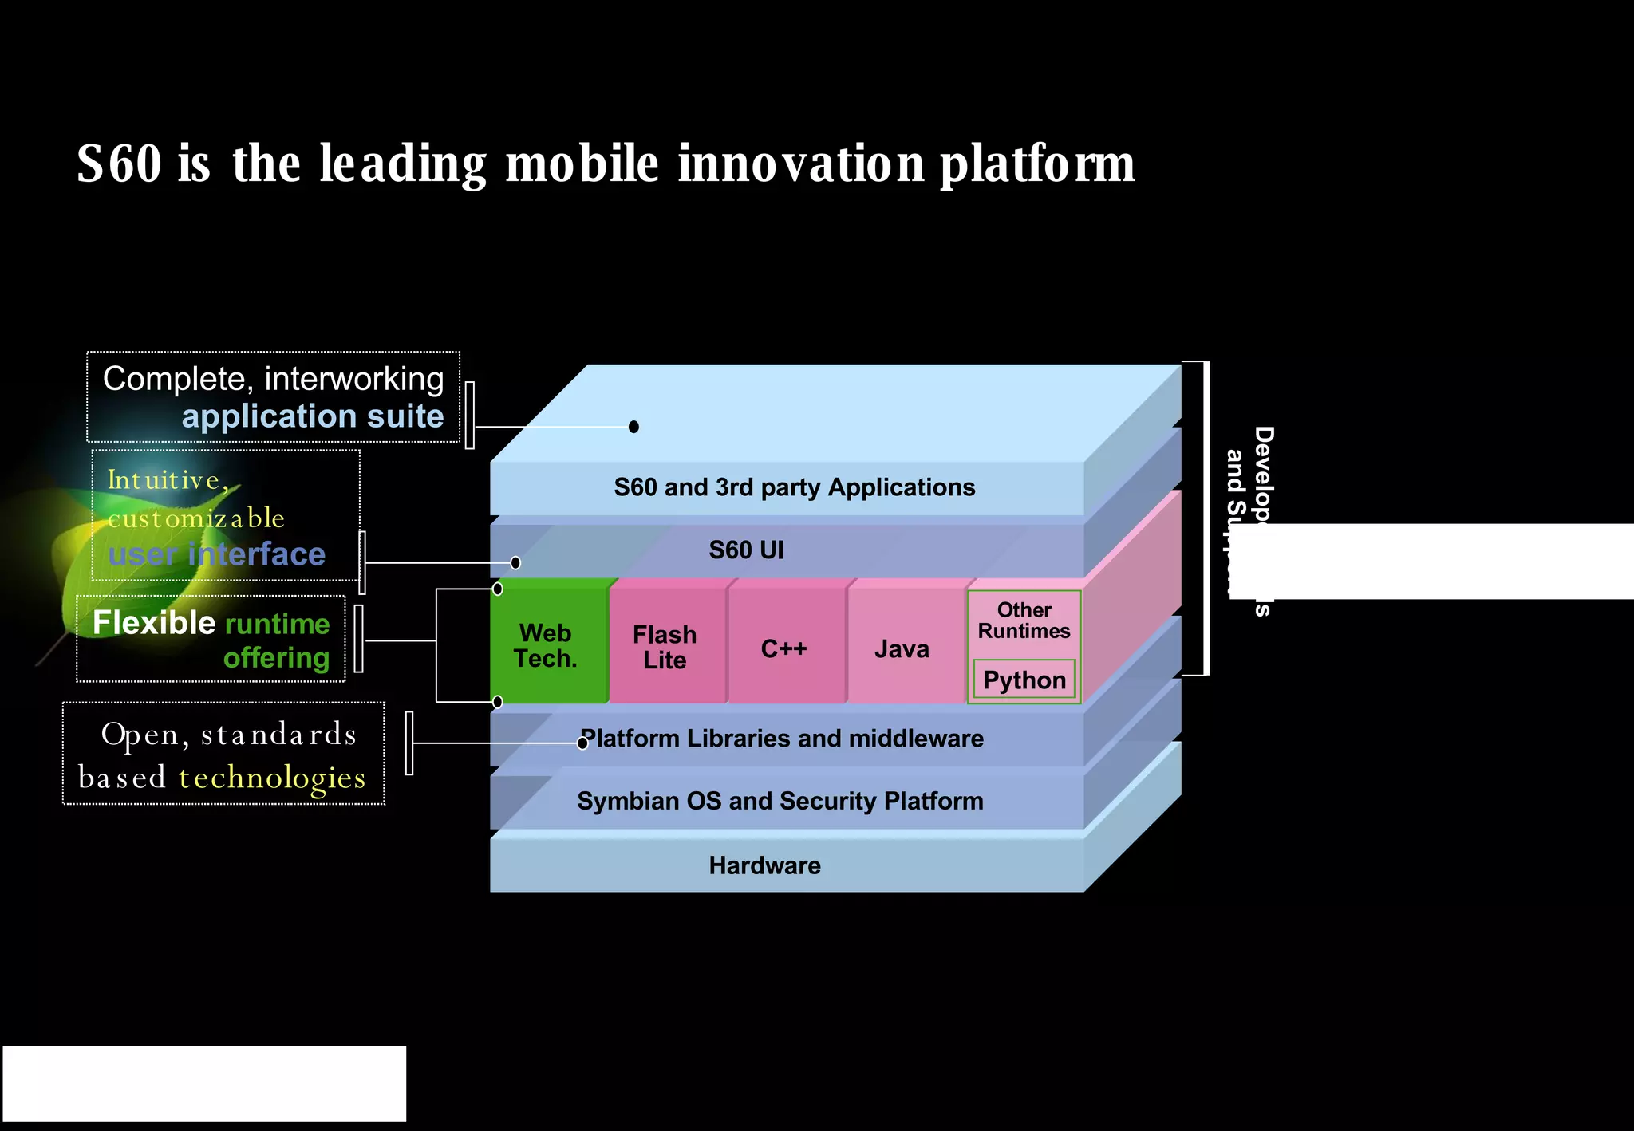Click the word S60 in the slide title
pyautogui.click(x=120, y=164)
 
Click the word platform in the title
pyautogui.click(x=1036, y=165)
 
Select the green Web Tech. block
pyautogui.click(x=547, y=644)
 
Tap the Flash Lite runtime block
pyautogui.click(x=665, y=646)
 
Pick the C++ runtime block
pyautogui.click(x=784, y=648)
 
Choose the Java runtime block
pyautogui.click(x=902, y=648)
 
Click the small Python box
pyautogui.click(x=1024, y=680)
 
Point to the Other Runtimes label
pyautogui.click(x=1024, y=621)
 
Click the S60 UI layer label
pyautogui.click(x=746, y=550)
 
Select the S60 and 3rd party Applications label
pyautogui.click(x=794, y=487)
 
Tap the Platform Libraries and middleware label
pyautogui.click(x=782, y=739)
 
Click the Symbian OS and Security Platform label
pyautogui.click(x=780, y=801)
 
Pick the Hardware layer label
pyautogui.click(x=764, y=865)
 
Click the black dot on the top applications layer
pyautogui.click(x=633, y=427)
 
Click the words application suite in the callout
pyautogui.click(x=313, y=416)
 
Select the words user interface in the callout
pyautogui.click(x=217, y=554)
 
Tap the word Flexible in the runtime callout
pyautogui.click(x=154, y=623)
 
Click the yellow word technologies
pyautogui.click(x=272, y=778)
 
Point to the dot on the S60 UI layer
pyautogui.click(x=515, y=563)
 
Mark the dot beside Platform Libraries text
pyautogui.click(x=582, y=743)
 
